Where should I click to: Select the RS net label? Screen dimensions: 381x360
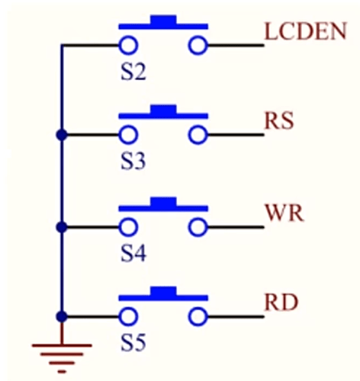tap(280, 121)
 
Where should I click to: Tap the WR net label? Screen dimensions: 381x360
tap(284, 213)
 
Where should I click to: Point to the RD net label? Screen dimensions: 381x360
tap(281, 303)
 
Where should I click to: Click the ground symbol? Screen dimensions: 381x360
tap(61, 350)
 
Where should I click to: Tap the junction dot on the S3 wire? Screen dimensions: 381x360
tap(61, 136)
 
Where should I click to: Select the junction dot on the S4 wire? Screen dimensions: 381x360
tap(61, 226)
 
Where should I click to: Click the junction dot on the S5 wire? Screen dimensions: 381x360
tap(61, 316)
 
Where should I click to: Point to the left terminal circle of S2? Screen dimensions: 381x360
tap(127, 45)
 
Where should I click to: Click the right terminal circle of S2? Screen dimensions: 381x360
tap(199, 45)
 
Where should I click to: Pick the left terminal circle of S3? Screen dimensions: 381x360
tap(127, 136)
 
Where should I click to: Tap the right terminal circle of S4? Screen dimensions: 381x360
tap(199, 226)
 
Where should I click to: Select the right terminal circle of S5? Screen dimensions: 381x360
tap(199, 316)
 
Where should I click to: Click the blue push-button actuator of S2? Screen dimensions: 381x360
tap(163, 23)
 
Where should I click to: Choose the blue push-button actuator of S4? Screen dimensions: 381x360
tap(163, 204)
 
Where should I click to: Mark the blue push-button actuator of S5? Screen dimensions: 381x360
tap(163, 294)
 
